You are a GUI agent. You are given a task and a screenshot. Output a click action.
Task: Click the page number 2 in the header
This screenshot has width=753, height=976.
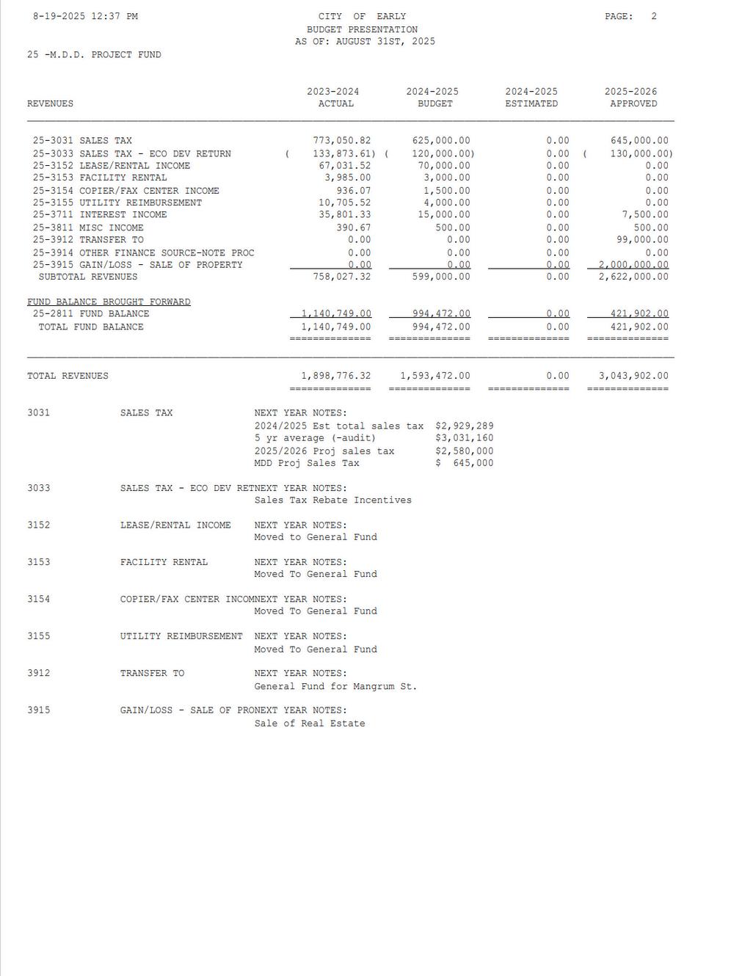(x=654, y=16)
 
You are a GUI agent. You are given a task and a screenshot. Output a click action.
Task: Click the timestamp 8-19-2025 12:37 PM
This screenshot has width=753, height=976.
(x=85, y=16)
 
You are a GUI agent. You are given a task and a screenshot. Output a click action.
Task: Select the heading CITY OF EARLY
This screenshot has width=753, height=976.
(x=362, y=16)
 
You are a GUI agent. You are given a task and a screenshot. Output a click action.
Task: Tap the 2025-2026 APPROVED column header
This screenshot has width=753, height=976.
(x=630, y=98)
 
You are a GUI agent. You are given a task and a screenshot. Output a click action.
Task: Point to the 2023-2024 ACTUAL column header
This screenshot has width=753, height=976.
(x=333, y=98)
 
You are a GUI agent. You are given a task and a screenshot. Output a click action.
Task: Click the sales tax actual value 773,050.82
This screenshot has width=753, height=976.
(x=342, y=141)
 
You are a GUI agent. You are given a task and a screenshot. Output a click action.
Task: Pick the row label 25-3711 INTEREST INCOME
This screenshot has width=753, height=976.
(x=100, y=215)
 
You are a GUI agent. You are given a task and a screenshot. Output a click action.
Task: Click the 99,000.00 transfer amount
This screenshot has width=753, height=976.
(x=642, y=240)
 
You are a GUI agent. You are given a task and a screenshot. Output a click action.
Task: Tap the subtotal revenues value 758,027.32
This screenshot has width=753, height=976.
(x=342, y=277)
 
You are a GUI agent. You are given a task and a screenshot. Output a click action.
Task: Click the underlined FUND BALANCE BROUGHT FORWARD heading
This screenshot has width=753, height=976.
(x=109, y=302)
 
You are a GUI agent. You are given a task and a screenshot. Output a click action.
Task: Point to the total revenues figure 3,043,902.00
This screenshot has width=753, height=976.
(x=633, y=376)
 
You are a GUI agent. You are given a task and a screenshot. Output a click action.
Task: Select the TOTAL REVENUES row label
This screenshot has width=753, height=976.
(x=68, y=376)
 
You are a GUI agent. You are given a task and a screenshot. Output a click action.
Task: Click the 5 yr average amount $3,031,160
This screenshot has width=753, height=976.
(x=465, y=439)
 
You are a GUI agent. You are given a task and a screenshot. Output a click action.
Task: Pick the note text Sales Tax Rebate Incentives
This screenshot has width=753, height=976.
(x=333, y=500)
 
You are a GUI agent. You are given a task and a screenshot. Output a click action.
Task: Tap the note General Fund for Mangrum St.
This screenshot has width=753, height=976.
(x=335, y=687)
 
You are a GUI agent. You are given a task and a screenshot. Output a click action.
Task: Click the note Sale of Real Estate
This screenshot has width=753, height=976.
(x=310, y=724)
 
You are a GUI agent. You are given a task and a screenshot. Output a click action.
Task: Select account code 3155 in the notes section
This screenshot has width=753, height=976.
(x=39, y=636)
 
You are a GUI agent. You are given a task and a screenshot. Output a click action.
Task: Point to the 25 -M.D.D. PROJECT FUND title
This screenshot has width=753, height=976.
(x=94, y=55)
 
